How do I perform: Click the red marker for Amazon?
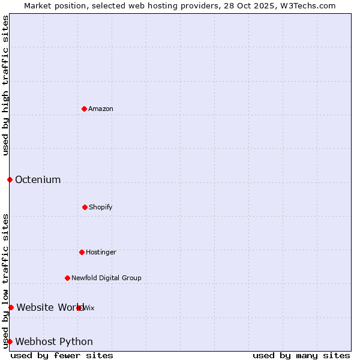coord(84,109)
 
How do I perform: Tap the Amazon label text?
coord(101,109)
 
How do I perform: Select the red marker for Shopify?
coord(85,207)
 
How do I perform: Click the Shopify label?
coord(101,207)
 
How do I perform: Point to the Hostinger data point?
coord(82,252)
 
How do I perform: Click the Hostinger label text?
coord(101,252)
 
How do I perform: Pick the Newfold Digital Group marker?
coord(67,278)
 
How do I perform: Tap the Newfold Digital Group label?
coord(106,278)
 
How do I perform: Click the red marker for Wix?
coord(79,308)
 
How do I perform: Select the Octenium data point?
coord(10,179)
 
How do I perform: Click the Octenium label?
coord(38,179)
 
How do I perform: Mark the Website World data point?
coord(11,307)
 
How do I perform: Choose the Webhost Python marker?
coord(10,341)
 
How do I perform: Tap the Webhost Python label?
coord(54,342)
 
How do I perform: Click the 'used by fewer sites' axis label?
coord(62,355)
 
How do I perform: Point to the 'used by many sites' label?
coord(301,355)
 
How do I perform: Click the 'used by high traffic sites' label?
coord(5,85)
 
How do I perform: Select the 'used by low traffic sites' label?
coord(5,280)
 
